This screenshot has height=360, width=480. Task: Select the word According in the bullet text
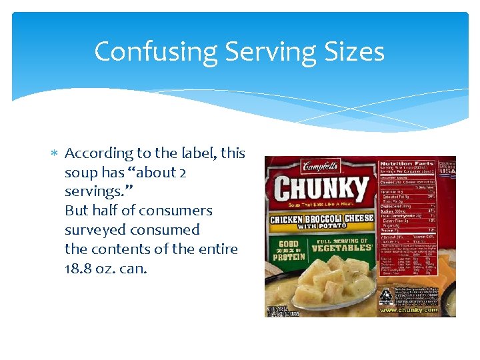[99, 153]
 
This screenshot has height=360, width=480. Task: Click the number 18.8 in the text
[78, 269]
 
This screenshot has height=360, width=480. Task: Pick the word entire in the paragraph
[217, 249]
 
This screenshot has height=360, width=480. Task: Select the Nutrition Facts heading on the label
[406, 163]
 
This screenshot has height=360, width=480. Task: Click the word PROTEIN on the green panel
[288, 257]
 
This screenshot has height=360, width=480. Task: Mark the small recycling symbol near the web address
[385, 295]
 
